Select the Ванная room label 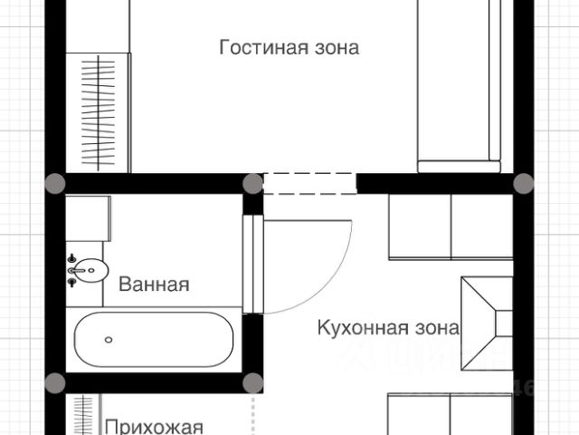coord(154,285)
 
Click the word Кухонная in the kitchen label coord(354,327)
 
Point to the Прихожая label coord(153,427)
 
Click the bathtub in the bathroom coord(154,339)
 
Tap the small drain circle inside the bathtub coord(109,340)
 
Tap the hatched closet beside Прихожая coord(82,415)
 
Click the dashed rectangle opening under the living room coord(309,182)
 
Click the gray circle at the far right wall coord(524,182)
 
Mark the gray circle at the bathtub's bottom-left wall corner coord(56,382)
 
